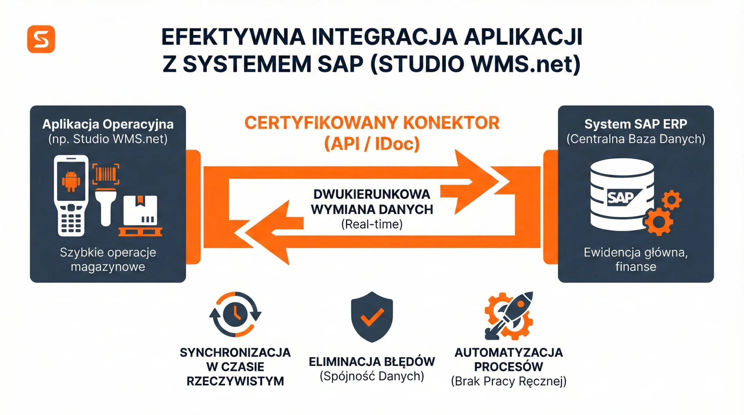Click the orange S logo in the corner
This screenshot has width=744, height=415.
click(41, 39)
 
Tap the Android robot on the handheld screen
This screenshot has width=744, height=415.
click(71, 181)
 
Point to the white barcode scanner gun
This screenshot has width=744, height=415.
click(106, 205)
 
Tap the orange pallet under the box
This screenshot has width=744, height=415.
click(140, 232)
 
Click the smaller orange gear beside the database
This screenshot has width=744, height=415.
click(671, 200)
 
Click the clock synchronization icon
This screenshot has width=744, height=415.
click(235, 314)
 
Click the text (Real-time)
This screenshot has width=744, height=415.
click(372, 224)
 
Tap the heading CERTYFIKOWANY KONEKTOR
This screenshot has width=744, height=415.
click(372, 123)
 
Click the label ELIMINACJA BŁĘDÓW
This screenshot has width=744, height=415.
click(372, 362)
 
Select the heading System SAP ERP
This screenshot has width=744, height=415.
click(636, 124)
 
